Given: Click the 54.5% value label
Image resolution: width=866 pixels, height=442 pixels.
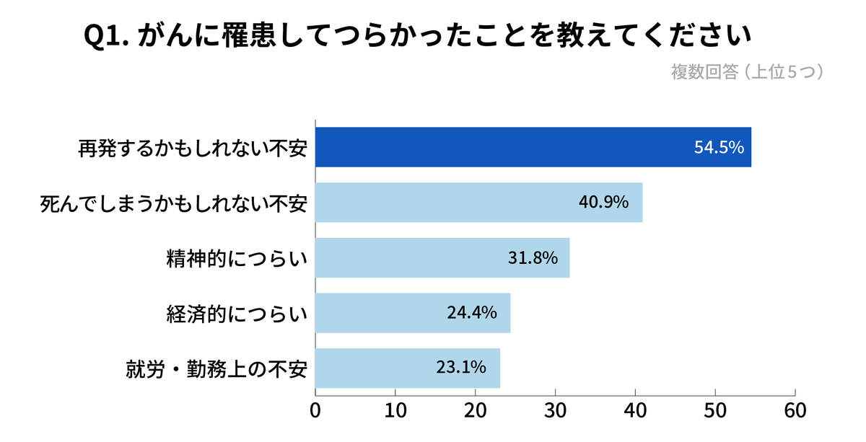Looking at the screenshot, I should (x=719, y=147).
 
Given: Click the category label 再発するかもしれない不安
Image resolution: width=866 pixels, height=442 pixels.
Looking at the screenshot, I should (x=193, y=148).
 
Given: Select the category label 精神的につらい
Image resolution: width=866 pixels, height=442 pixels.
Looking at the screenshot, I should (x=237, y=258).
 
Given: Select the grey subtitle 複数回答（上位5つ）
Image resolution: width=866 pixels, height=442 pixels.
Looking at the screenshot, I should (x=748, y=72).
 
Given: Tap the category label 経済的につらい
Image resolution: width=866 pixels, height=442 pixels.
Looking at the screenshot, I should (x=237, y=314).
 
